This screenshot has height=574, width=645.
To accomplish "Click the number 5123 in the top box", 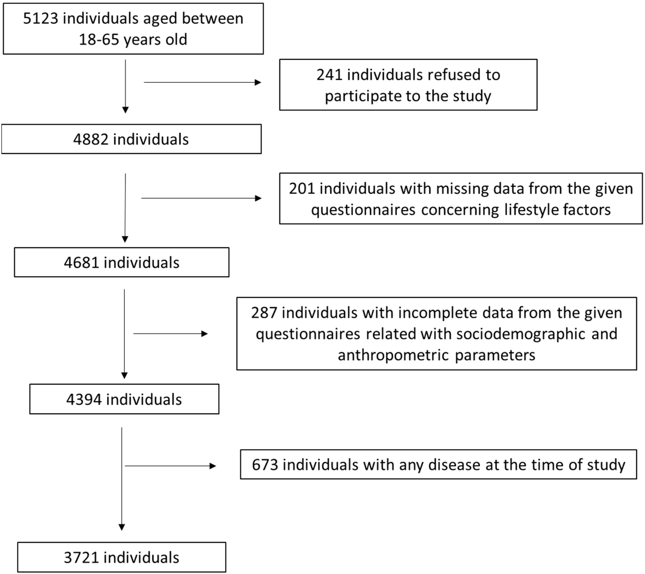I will pos(40,19).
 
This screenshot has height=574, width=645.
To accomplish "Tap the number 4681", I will pos(81,263).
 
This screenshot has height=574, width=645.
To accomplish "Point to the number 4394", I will pos(84,400).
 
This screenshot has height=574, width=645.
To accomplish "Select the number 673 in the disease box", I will pos(265,465).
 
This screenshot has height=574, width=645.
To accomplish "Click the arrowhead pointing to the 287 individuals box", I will pos(204,334).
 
